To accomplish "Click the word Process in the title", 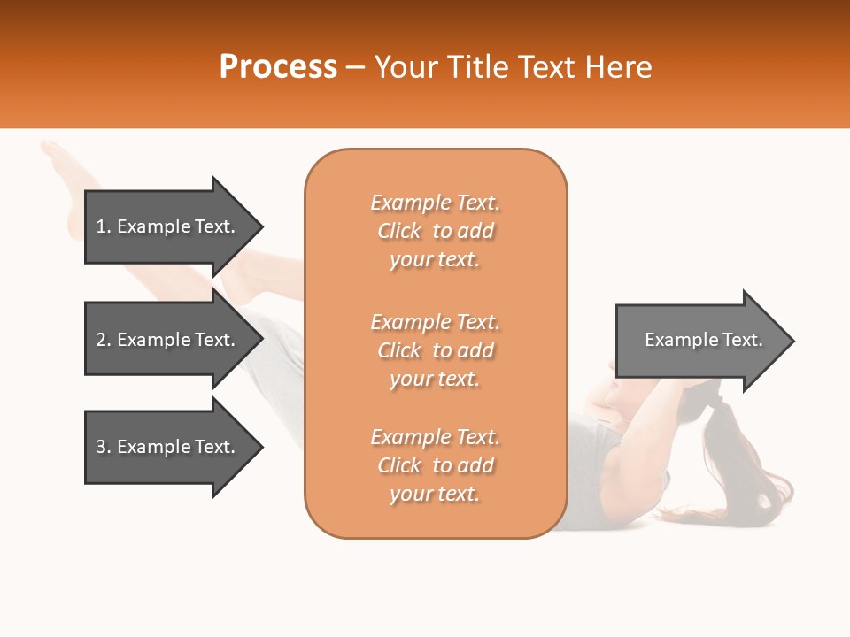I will (x=278, y=67).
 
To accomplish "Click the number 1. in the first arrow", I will (x=104, y=226).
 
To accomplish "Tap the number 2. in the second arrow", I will (x=104, y=340).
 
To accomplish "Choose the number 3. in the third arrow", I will (x=104, y=447).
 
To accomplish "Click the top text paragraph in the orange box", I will (x=435, y=231).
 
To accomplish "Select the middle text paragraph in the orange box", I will (x=435, y=350).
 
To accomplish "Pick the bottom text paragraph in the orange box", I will (x=435, y=465).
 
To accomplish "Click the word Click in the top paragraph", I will (x=399, y=231).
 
